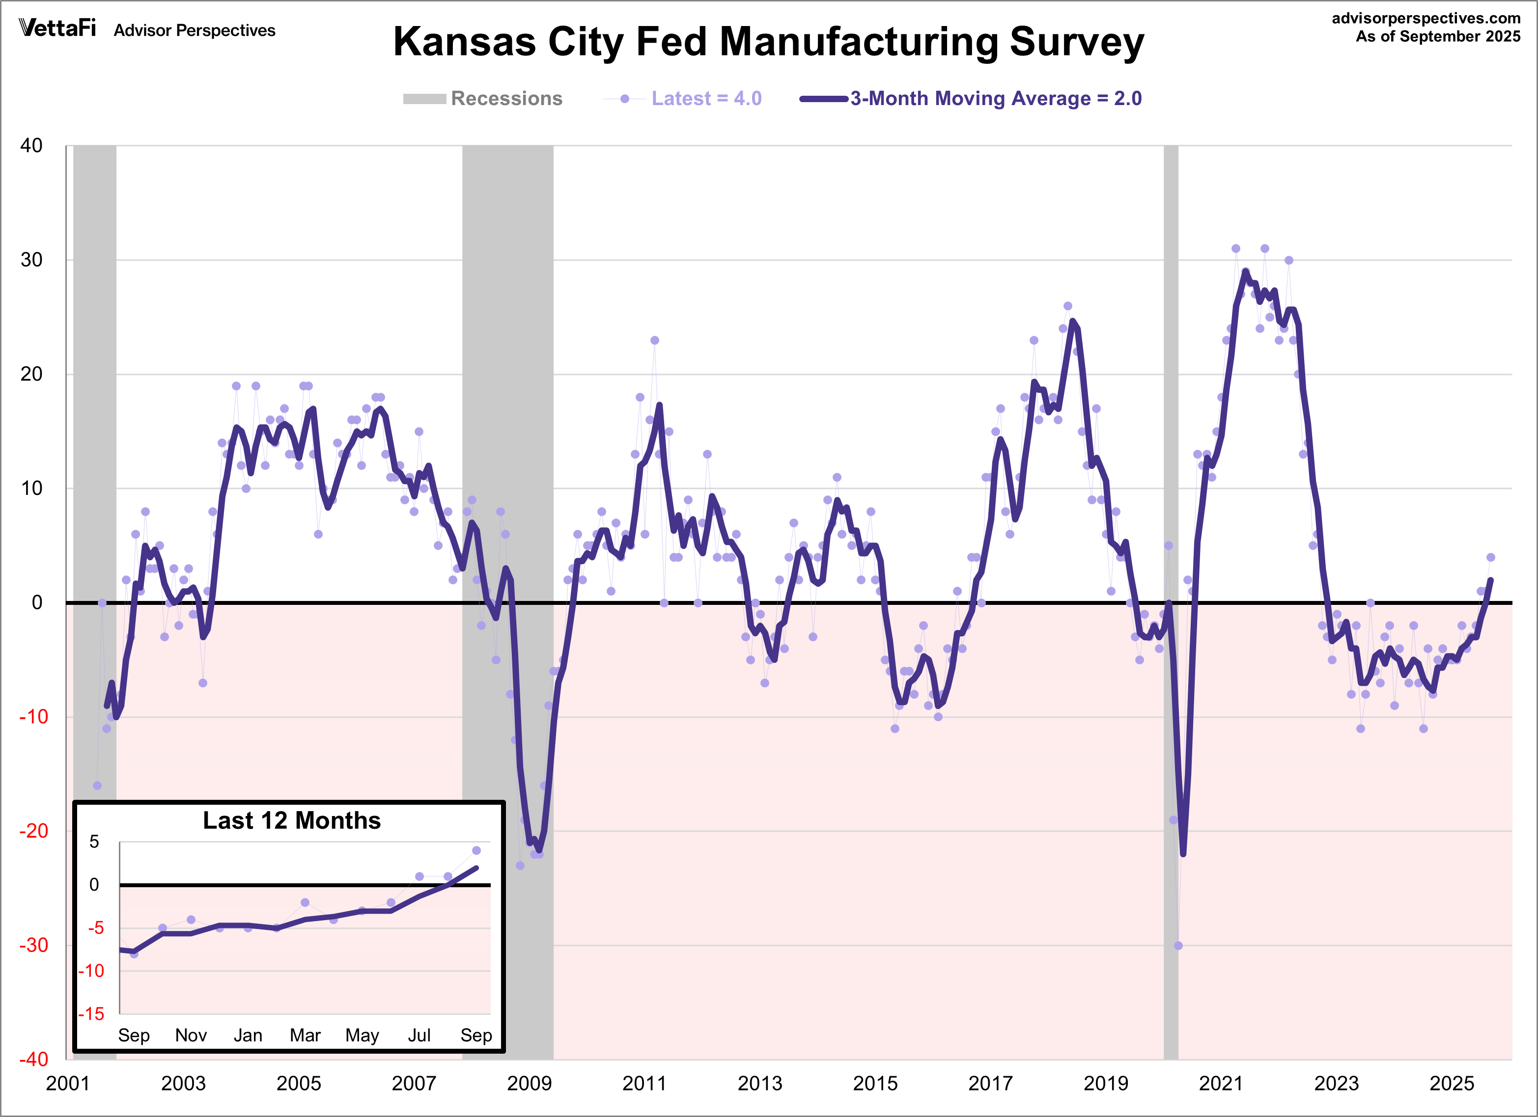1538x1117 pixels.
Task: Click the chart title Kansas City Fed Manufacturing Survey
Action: click(768, 42)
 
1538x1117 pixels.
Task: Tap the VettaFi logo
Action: click(57, 28)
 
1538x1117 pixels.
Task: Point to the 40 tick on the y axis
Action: click(31, 146)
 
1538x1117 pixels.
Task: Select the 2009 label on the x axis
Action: click(529, 1083)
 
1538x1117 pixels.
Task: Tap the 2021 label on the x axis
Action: click(1221, 1083)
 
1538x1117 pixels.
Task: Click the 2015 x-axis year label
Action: click(875, 1083)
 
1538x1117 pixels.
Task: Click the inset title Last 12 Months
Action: click(292, 821)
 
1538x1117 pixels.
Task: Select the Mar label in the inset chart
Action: click(305, 1035)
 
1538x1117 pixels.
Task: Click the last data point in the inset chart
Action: click(476, 850)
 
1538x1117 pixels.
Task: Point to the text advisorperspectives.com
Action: click(1426, 18)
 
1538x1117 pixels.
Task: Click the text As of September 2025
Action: click(1438, 37)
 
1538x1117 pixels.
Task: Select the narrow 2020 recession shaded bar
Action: click(1171, 474)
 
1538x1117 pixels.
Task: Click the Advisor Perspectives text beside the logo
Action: click(195, 30)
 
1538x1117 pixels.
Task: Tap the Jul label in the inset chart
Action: click(419, 1035)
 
